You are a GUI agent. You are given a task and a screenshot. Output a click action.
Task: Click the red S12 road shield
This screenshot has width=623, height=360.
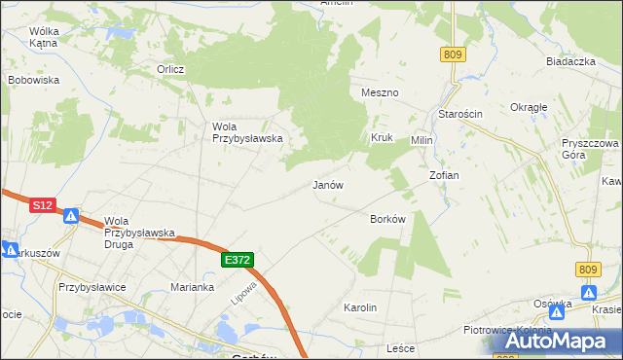[x=42, y=206]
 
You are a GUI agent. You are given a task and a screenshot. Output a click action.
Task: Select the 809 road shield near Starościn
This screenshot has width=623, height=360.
[x=451, y=55]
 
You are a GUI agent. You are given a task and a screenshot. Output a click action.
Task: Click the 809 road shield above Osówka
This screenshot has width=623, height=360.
[x=586, y=270]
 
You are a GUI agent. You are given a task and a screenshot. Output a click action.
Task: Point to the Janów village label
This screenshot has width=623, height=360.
[x=328, y=185]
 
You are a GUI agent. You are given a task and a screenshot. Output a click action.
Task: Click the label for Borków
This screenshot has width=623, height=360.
[x=387, y=220]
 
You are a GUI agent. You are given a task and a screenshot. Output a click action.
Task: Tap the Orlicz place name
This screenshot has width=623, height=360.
[x=171, y=69]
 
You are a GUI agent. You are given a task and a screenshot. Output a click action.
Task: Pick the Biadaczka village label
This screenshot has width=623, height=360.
[x=570, y=61]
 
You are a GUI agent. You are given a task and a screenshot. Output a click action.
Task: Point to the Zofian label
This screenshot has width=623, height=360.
[x=444, y=175]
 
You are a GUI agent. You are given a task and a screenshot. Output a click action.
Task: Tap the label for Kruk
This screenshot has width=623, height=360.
[x=381, y=138]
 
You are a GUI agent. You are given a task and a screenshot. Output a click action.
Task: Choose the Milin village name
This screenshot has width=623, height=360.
[x=421, y=140]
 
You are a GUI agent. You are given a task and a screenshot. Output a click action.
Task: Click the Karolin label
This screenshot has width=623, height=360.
[x=360, y=307]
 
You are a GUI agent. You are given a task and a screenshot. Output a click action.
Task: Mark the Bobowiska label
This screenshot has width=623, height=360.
[x=34, y=80]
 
